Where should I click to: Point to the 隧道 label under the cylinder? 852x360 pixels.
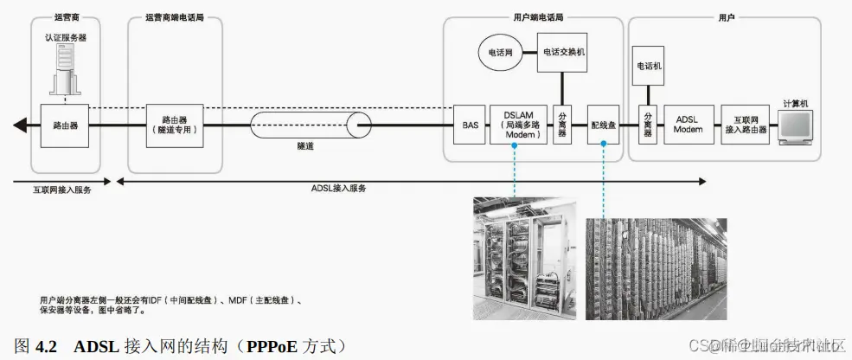304,146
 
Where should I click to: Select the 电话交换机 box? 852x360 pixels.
563,52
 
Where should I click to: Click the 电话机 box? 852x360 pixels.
649,66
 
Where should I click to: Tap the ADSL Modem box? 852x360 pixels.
689,125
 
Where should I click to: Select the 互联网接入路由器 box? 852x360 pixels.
745,125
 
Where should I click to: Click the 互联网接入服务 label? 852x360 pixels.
57,190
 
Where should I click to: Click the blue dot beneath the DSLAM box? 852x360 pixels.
514,145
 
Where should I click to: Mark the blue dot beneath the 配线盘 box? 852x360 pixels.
602,145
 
